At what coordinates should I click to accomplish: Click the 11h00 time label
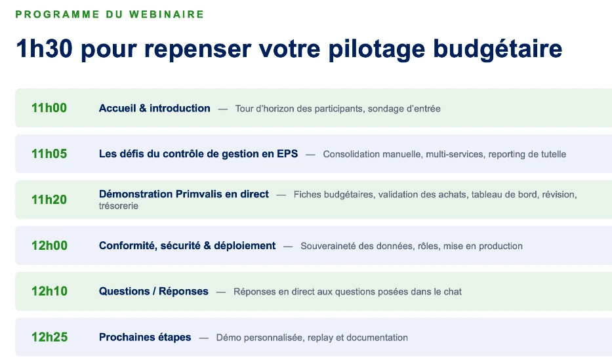[49, 108]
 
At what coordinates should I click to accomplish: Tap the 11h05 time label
[49, 153]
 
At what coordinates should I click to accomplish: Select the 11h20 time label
[49, 200]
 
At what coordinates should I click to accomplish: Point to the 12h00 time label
[50, 245]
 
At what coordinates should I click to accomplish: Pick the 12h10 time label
[50, 291]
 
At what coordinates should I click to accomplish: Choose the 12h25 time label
[50, 337]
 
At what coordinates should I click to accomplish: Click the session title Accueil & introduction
[155, 108]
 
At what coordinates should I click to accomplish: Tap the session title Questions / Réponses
[153, 291]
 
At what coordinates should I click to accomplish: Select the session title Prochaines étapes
[145, 338]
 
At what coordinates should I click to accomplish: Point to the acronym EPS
[287, 153]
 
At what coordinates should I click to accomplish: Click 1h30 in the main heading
[44, 49]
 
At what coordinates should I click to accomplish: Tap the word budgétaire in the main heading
[498, 49]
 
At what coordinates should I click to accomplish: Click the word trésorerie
[119, 206]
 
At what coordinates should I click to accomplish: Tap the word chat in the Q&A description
[453, 292]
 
